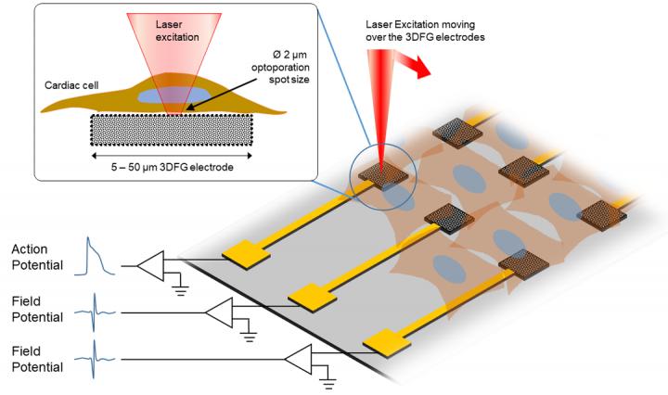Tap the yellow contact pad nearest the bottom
pos(387,343)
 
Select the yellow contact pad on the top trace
pos(245,251)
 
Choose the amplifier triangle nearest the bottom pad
pos(301,357)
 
